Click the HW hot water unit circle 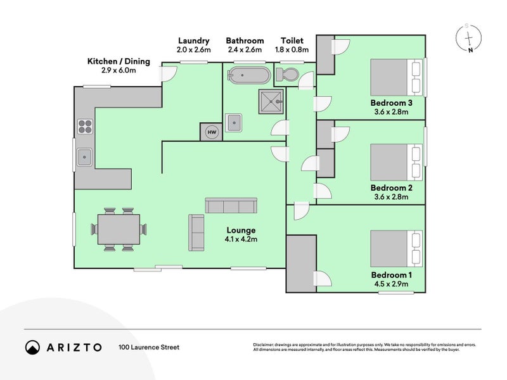pos(212,132)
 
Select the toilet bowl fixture pos(286,75)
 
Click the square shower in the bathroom pos(271,101)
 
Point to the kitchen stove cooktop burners pos(84,127)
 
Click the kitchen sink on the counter pos(84,156)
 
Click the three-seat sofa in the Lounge pos(231,205)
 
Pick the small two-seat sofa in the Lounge pos(196,232)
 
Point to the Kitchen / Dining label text pos(119,61)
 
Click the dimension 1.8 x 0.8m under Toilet pos(292,49)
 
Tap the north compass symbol pos(468,39)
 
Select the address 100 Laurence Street pos(149,347)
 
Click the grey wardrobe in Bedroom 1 pos(301,263)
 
